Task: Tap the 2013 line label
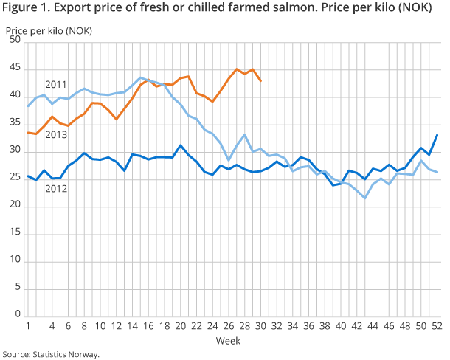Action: coord(56,135)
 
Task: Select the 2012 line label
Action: coord(56,189)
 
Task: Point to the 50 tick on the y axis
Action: coord(14,40)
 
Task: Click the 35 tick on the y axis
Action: coord(14,122)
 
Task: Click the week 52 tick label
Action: coord(435,326)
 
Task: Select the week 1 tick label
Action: coord(28,326)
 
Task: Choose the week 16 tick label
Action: coord(148,326)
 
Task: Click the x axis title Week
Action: coord(227,341)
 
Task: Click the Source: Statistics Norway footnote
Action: coord(50,354)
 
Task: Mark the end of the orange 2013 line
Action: coord(260,80)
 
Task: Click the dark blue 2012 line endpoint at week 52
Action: coord(436,134)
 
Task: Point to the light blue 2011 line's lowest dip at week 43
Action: coord(364,198)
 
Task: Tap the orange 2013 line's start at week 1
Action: coord(28,133)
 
